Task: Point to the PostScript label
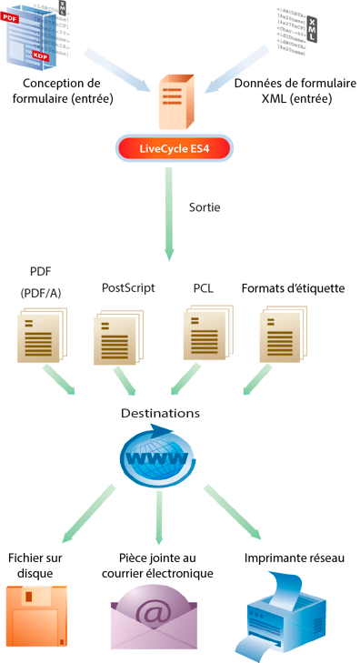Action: click(x=128, y=288)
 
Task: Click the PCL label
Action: click(x=203, y=288)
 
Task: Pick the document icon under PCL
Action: click(x=209, y=333)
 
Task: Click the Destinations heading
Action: click(x=160, y=413)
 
